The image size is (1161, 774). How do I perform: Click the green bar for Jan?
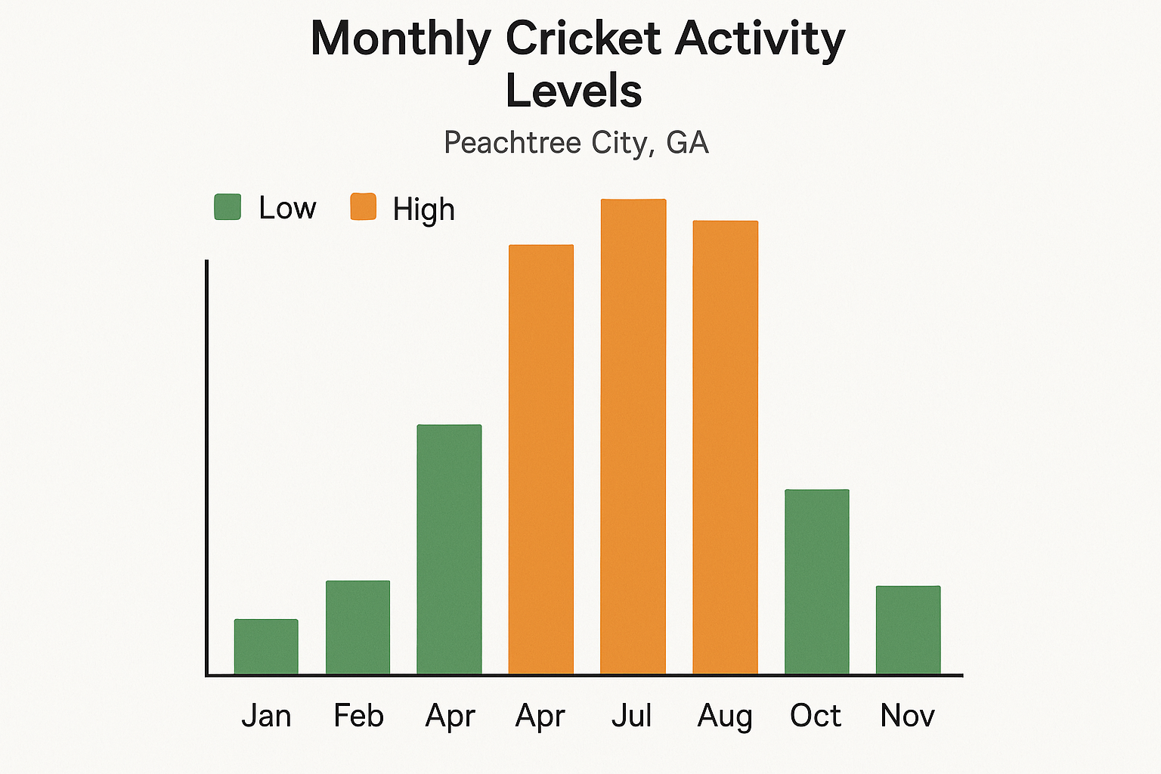click(266, 647)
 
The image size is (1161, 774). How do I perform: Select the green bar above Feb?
click(358, 627)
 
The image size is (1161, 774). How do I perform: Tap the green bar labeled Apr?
click(449, 550)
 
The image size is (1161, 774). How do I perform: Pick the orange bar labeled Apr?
click(540, 460)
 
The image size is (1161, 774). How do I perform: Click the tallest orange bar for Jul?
click(633, 437)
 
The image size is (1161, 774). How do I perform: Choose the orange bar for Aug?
click(725, 447)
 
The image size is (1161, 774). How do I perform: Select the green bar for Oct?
click(816, 582)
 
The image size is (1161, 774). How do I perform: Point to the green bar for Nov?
click(908, 630)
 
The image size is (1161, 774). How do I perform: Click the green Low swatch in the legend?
click(228, 207)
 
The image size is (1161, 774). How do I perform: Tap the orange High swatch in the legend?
click(363, 207)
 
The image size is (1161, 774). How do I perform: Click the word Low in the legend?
click(287, 208)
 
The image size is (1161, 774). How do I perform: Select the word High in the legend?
click(423, 209)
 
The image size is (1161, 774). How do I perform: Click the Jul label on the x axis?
click(632, 715)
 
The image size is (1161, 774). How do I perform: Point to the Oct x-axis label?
click(816, 715)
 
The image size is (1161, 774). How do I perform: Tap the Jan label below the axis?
click(266, 715)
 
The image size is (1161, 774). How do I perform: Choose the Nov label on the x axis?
click(907, 715)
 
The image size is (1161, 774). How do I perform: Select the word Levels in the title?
click(574, 91)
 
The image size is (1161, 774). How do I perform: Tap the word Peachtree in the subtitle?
click(502, 142)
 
